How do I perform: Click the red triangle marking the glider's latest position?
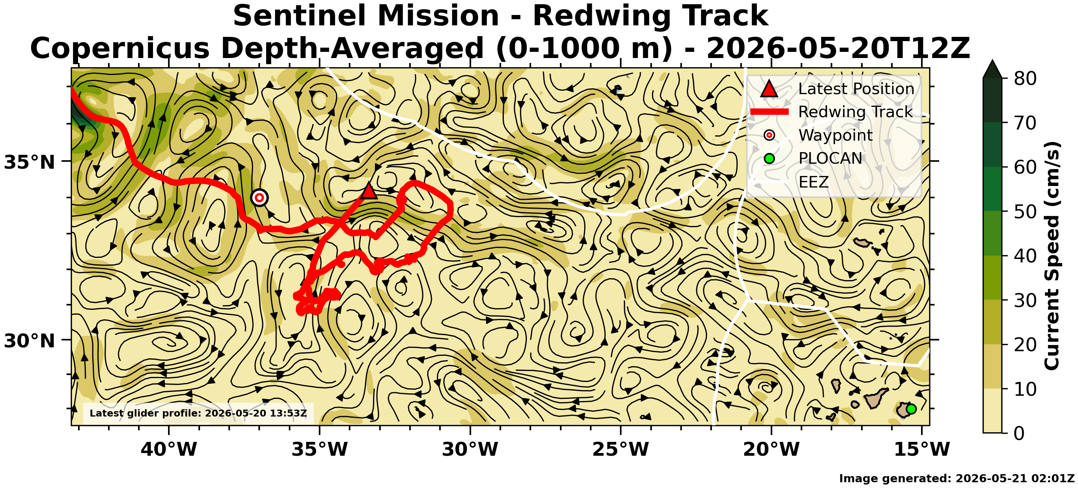pos(369,191)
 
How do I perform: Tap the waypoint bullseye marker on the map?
pos(260,198)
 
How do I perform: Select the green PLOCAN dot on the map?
pos(911,409)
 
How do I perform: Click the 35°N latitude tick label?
pos(30,162)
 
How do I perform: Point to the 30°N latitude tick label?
pos(30,341)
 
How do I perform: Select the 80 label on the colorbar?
pos(1025,78)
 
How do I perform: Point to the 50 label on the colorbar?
pos(1025,212)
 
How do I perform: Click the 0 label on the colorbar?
pos(1020,433)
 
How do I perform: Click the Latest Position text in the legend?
pos(856,89)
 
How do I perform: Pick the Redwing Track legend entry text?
pos(855,112)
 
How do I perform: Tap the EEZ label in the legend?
pos(813,182)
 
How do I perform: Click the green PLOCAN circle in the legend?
pos(769,158)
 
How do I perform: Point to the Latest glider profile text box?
pos(198,413)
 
